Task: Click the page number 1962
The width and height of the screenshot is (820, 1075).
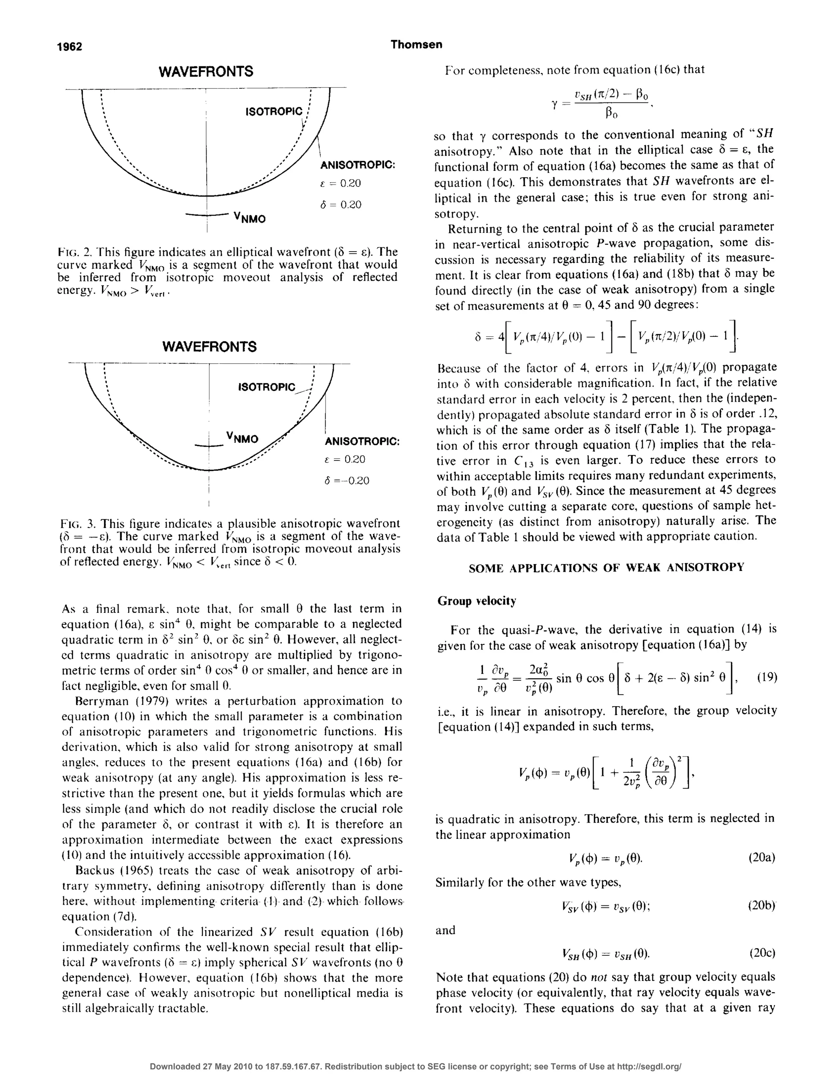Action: (70, 47)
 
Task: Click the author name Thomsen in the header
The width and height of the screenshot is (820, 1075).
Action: (416, 45)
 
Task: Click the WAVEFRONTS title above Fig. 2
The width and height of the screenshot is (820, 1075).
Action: (206, 72)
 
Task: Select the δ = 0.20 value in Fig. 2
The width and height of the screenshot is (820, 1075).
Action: (341, 205)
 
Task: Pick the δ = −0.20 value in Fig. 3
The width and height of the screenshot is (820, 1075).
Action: (347, 481)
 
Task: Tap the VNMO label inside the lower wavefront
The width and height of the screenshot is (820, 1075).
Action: (242, 438)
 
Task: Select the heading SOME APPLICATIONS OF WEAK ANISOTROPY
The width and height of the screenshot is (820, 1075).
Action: (606, 568)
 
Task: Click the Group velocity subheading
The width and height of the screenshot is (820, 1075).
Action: (476, 601)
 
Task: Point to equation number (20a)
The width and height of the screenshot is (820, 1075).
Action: (762, 858)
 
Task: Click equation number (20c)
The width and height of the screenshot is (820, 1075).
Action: (762, 953)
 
